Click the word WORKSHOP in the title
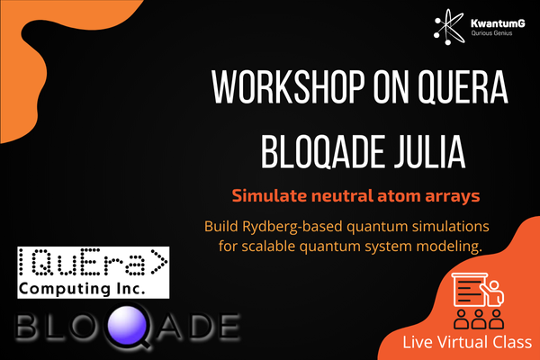tap(288, 87)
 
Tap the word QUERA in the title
tap(463, 88)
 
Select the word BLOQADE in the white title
tap(322, 151)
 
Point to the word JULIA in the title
tap(430, 151)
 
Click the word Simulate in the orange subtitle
tap(269, 195)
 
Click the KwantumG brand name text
tap(498, 23)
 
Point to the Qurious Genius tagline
tap(491, 33)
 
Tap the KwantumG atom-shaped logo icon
tap(449, 27)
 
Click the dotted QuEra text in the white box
tap(93, 263)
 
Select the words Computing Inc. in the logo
tap(82, 288)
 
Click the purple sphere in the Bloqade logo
tap(127, 324)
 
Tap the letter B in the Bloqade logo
tap(26, 325)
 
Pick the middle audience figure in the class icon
tap(479, 319)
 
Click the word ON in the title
tap(391, 87)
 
